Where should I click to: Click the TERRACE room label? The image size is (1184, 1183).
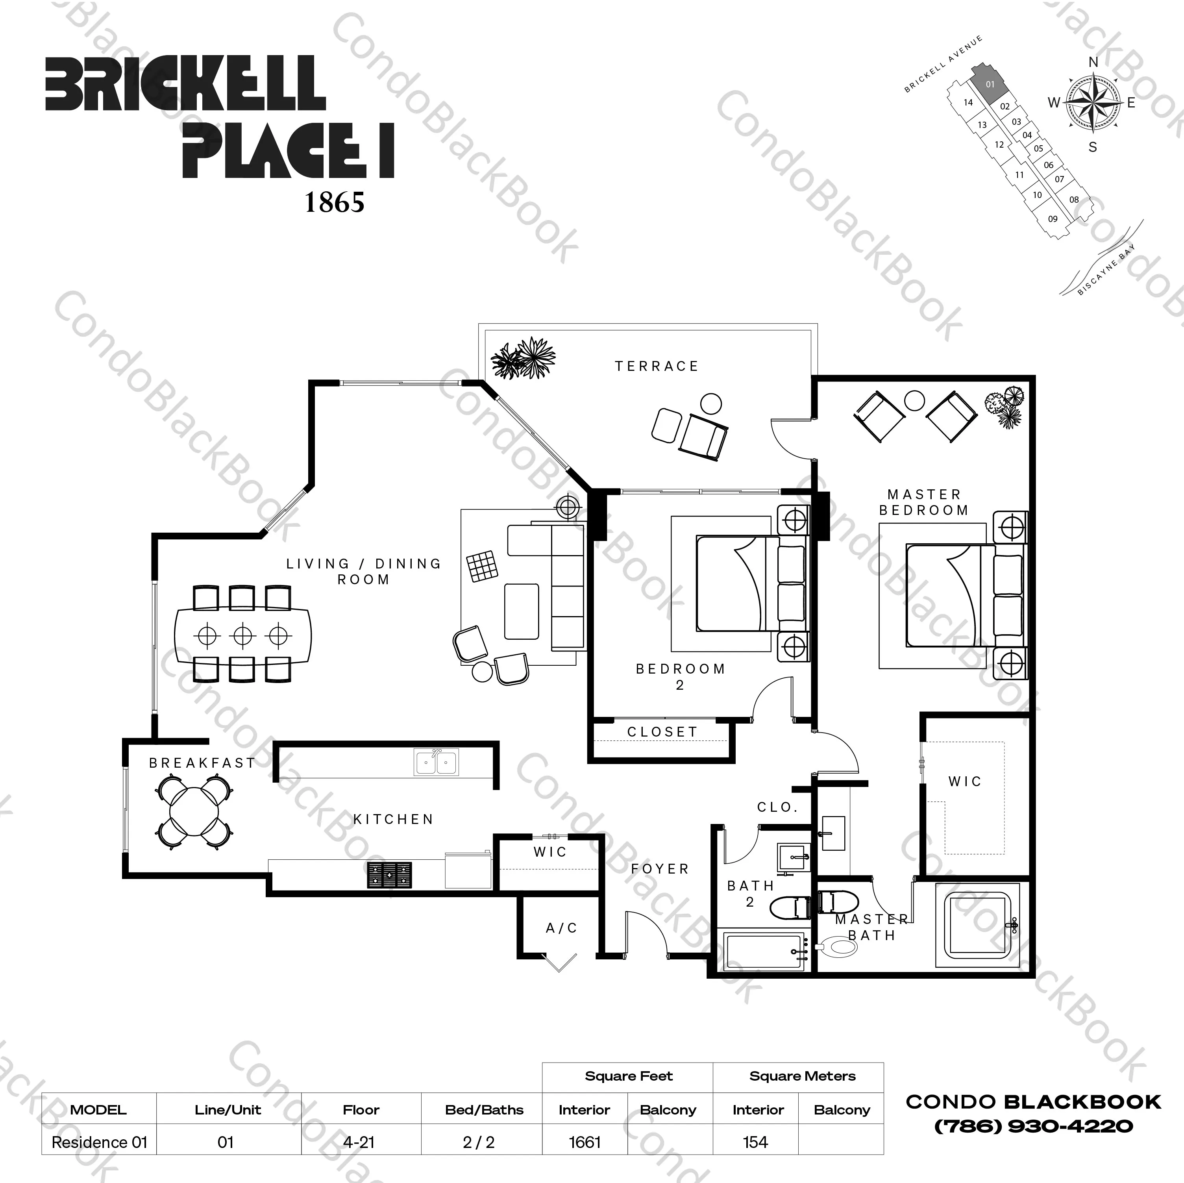pyautogui.click(x=656, y=366)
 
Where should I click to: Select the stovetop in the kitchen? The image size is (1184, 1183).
pyautogui.click(x=389, y=875)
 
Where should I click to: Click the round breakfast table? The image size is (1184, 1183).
pyautogui.click(x=194, y=812)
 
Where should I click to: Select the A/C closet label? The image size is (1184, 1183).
pyautogui.click(x=561, y=928)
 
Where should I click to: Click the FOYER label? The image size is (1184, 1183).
pyautogui.click(x=660, y=868)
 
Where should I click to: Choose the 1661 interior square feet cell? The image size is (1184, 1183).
pyautogui.click(x=585, y=1142)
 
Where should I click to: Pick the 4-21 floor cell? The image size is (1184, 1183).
pyautogui.click(x=359, y=1142)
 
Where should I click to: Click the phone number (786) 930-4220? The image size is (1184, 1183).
pyautogui.click(x=1033, y=1126)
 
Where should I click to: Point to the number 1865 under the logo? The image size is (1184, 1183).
pyautogui.click(x=335, y=202)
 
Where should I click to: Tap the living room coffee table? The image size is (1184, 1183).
pyautogui.click(x=522, y=611)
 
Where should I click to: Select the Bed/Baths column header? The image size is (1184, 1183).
pyautogui.click(x=484, y=1109)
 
